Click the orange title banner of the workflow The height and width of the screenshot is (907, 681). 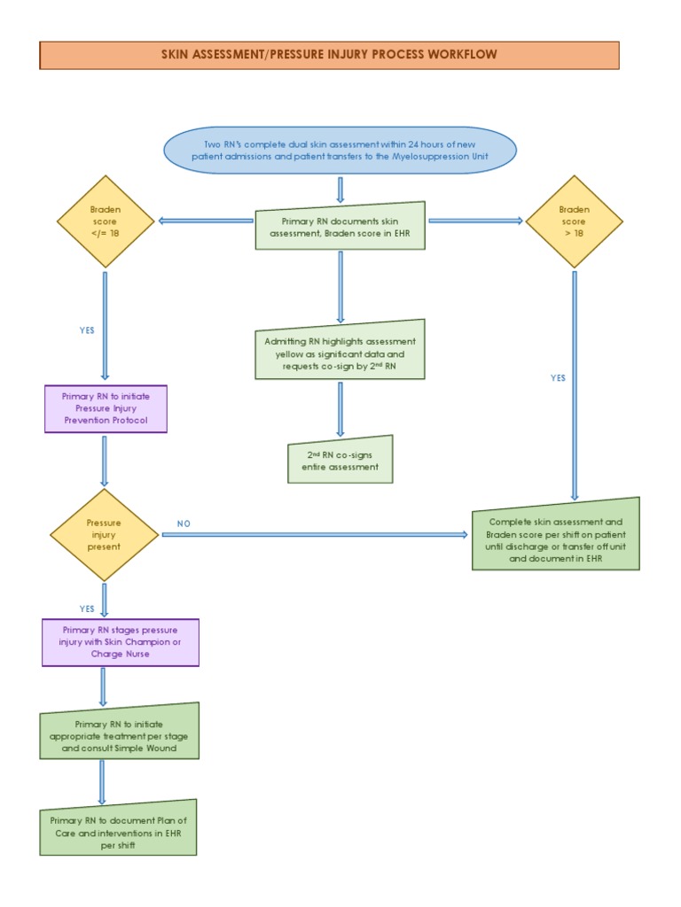coord(329,55)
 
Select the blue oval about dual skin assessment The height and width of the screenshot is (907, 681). coord(340,151)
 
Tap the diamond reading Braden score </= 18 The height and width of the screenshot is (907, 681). coord(106,221)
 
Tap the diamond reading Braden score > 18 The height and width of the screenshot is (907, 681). coord(574,221)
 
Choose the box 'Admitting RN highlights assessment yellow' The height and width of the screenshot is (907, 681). coord(340,351)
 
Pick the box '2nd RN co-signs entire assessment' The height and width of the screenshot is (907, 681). coord(340,460)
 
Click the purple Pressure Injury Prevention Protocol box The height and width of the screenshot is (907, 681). coord(106,408)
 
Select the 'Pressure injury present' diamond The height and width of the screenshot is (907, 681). coord(105,535)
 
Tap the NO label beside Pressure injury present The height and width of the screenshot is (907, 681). coord(184,523)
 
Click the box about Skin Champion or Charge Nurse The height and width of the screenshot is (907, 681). coord(120,642)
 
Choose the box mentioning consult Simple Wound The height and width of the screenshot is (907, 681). coord(120,731)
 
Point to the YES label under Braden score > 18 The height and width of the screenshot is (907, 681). coord(557,377)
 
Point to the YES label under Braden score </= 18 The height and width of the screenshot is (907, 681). coord(87,330)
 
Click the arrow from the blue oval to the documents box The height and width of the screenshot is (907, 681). coord(340,189)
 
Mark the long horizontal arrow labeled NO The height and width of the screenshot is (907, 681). coord(315,535)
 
